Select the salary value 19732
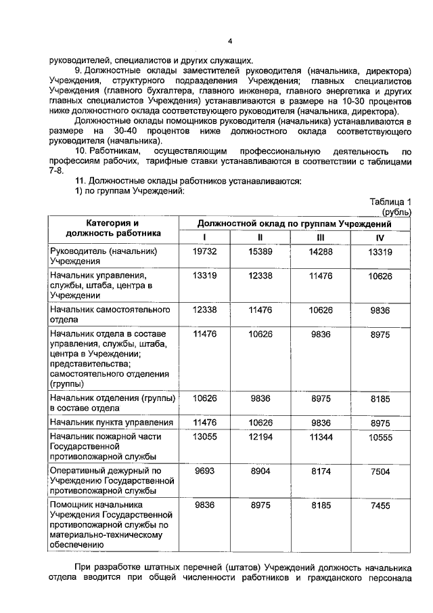[204, 251]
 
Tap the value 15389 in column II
[260, 251]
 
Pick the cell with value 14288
[320, 251]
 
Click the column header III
[320, 237]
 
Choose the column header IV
[380, 238]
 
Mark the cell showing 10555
[380, 439]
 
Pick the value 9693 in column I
[204, 469]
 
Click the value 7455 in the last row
[380, 505]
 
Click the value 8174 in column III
[320, 469]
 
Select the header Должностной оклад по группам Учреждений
[294, 223]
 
